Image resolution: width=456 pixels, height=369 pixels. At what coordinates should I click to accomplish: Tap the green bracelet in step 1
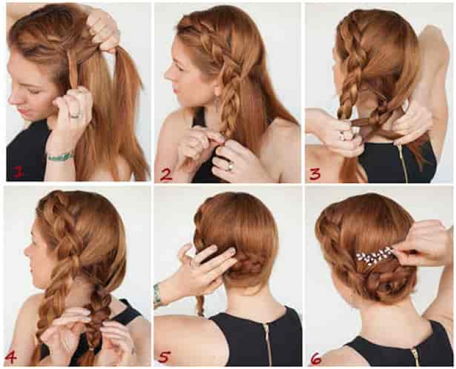click(x=60, y=157)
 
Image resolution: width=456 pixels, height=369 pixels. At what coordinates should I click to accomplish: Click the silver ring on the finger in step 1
click(x=76, y=116)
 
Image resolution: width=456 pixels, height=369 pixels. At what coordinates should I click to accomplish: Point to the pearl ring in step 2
click(x=229, y=167)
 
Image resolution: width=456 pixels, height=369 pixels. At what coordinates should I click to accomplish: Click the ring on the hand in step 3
click(x=344, y=135)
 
